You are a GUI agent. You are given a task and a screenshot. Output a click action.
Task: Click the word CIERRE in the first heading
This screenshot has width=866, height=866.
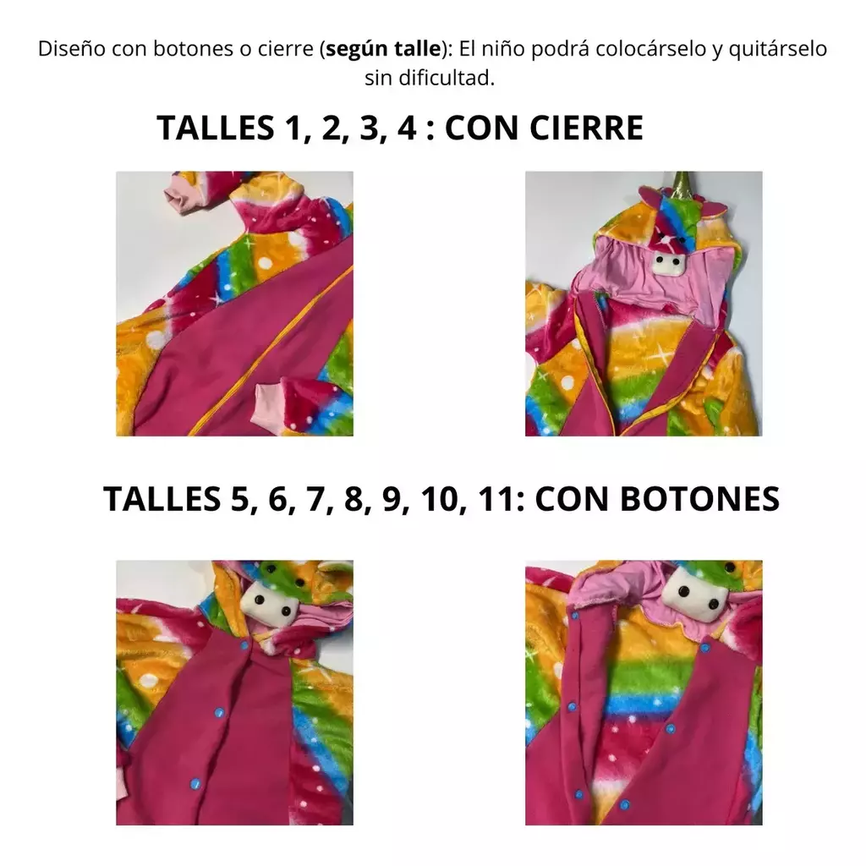tap(587, 128)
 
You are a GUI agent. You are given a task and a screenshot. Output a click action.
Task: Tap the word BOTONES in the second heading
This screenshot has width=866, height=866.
tap(699, 499)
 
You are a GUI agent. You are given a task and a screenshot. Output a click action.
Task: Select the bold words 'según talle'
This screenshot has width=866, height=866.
tap(383, 49)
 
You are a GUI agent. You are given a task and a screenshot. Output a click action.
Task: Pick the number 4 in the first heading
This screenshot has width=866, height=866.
tap(407, 128)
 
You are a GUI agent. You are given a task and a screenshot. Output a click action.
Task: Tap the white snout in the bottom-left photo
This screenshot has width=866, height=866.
tap(271, 606)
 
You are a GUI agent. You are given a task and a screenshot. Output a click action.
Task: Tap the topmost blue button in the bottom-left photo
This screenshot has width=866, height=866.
tap(244, 645)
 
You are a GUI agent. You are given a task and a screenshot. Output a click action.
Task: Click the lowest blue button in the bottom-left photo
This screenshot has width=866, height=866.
tap(195, 783)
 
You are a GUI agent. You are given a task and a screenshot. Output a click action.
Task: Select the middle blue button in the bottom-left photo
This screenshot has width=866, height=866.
tap(219, 712)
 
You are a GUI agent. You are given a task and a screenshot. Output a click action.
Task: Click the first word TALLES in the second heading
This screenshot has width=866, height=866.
tap(162, 499)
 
